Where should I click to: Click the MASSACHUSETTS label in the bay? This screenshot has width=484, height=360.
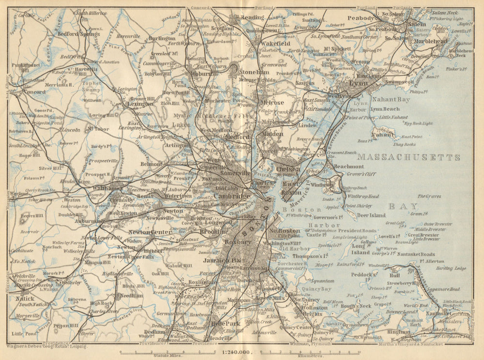pos(408,157)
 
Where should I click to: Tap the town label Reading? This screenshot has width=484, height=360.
pos(253,17)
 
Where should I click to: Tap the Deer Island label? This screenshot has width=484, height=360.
pos(371,215)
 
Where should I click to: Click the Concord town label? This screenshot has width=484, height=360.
pos(34,91)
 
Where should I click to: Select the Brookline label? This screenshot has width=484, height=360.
pos(213,232)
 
